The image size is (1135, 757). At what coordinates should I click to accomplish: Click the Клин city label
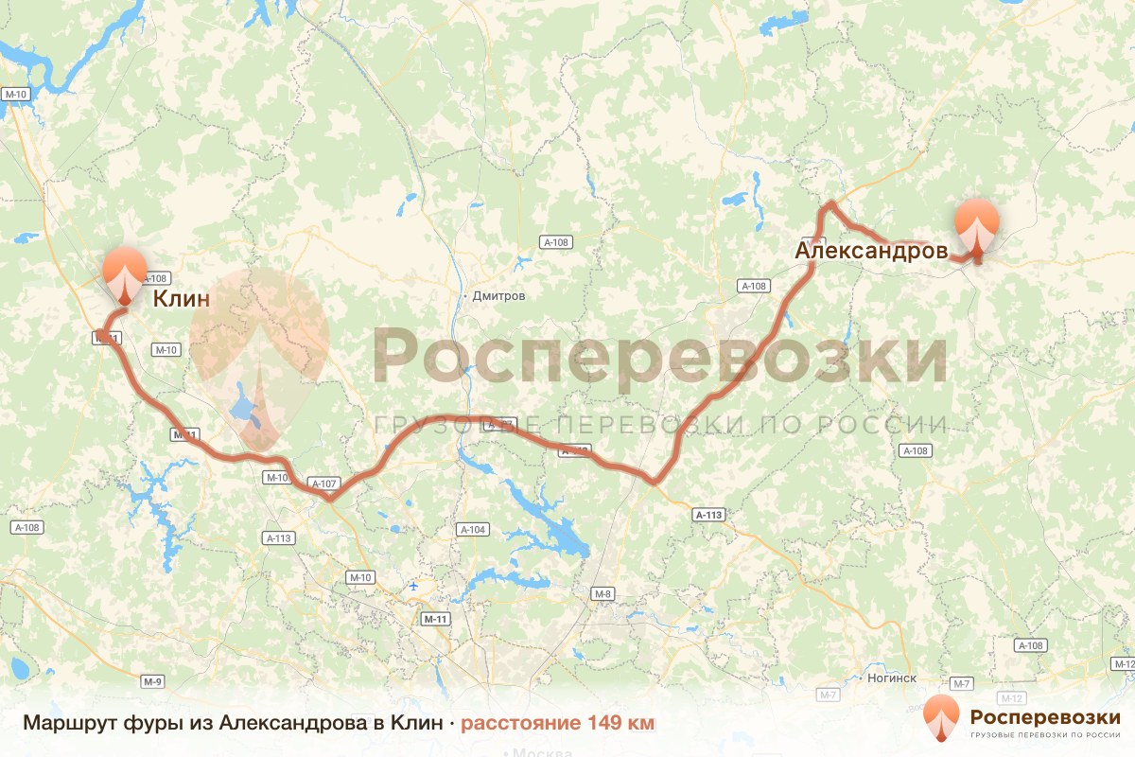(181, 300)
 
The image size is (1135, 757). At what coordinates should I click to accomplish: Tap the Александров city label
(871, 251)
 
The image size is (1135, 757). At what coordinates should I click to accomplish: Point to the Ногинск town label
(892, 678)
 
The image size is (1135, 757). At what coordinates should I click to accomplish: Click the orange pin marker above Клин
(125, 272)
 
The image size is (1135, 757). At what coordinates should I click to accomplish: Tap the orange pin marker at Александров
(976, 226)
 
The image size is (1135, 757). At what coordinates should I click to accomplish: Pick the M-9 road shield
(153, 681)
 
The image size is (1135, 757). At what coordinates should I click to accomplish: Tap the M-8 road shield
(602, 593)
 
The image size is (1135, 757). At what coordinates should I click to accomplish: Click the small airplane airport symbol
(414, 587)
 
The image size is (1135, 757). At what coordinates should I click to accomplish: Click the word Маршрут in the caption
(71, 723)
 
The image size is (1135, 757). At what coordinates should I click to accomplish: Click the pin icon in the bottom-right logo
(941, 717)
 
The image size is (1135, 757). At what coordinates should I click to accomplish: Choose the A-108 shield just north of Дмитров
(556, 242)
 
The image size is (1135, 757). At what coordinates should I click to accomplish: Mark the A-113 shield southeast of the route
(708, 515)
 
